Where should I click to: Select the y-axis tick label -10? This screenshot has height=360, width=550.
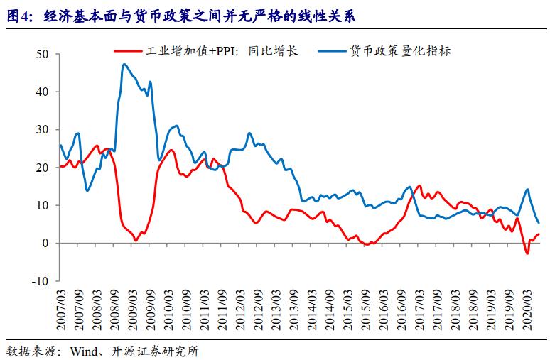39,281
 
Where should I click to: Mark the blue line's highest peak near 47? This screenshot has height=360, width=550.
124,65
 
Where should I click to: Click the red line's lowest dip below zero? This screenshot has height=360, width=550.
527,253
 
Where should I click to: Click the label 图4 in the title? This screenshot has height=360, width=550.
17,13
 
